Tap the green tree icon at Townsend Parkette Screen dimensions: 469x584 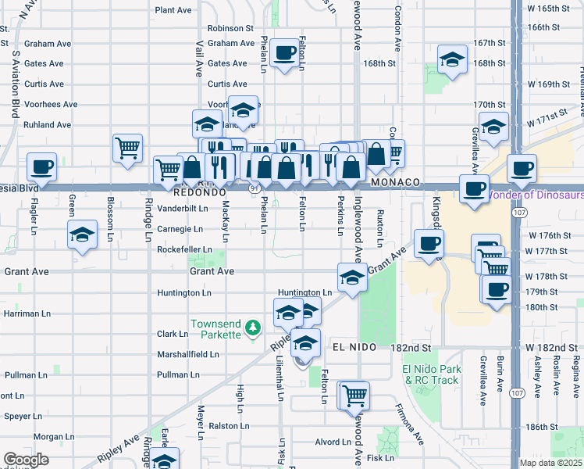pos(252,327)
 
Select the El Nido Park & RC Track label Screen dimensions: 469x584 pos(430,374)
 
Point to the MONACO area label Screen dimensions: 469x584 pos(396,182)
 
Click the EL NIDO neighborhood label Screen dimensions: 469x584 pos(354,346)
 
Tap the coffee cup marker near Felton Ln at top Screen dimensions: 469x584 pos(287,53)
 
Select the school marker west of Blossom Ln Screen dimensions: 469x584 pos(82,234)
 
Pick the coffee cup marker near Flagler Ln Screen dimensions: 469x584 pos(41,166)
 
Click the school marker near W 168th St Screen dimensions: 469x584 pos(452,59)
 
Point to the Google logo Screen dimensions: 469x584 pos(26,460)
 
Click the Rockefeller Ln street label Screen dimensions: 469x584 pos(184,249)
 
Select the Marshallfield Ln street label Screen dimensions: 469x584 pos(187,354)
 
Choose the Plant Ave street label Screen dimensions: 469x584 pos(173,10)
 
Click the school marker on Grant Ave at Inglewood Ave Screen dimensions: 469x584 pos(352,277)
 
